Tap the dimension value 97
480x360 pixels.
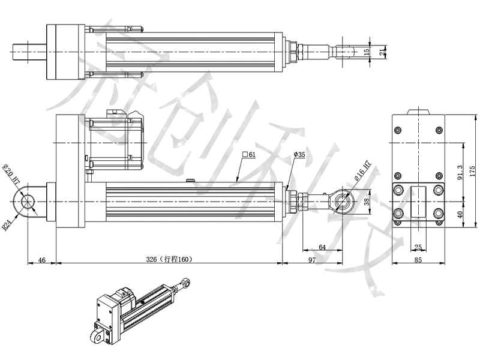(312, 259)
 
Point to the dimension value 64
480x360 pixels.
(322, 247)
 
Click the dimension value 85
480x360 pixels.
(418, 259)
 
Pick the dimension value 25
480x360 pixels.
(418, 247)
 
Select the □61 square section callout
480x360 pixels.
(248, 155)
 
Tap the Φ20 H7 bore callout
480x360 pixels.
(12, 174)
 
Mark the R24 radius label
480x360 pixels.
(7, 224)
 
